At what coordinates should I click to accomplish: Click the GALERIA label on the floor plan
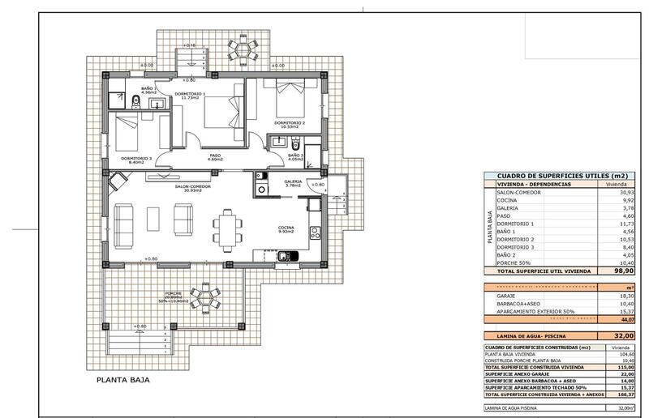(x=293, y=181)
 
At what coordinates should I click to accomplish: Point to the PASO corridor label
(x=215, y=156)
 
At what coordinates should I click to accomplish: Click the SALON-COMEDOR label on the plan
(x=192, y=186)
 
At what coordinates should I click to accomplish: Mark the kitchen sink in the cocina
(x=286, y=257)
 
